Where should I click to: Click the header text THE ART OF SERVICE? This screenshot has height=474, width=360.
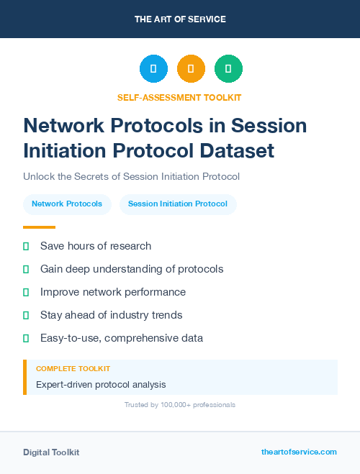pos(180,19)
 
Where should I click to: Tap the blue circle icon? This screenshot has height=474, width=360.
pos(153,69)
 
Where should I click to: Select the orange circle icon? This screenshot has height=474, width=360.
pos(191,69)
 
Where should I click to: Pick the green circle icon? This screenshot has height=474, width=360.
pos(228,69)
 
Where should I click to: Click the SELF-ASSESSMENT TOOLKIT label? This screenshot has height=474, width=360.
pos(179,97)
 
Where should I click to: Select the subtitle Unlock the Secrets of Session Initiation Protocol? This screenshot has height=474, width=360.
pos(131,176)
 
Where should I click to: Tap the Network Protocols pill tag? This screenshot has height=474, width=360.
pos(67,204)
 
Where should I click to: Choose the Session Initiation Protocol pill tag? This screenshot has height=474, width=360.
pos(178,204)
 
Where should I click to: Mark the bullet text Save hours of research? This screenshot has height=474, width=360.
pos(96,246)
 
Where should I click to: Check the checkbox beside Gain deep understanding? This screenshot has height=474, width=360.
pos(26,269)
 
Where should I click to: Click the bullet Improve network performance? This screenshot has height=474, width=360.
pos(113,292)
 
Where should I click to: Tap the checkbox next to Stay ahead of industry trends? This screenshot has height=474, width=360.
pos(26,315)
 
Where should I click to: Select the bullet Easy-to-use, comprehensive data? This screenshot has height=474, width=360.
pos(122,338)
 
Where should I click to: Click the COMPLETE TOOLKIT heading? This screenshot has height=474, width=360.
pos(73,368)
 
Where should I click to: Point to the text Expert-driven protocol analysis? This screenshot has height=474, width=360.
pos(101,385)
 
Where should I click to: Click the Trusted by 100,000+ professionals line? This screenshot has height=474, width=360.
pos(180,405)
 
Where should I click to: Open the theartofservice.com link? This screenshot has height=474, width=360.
pos(299,452)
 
